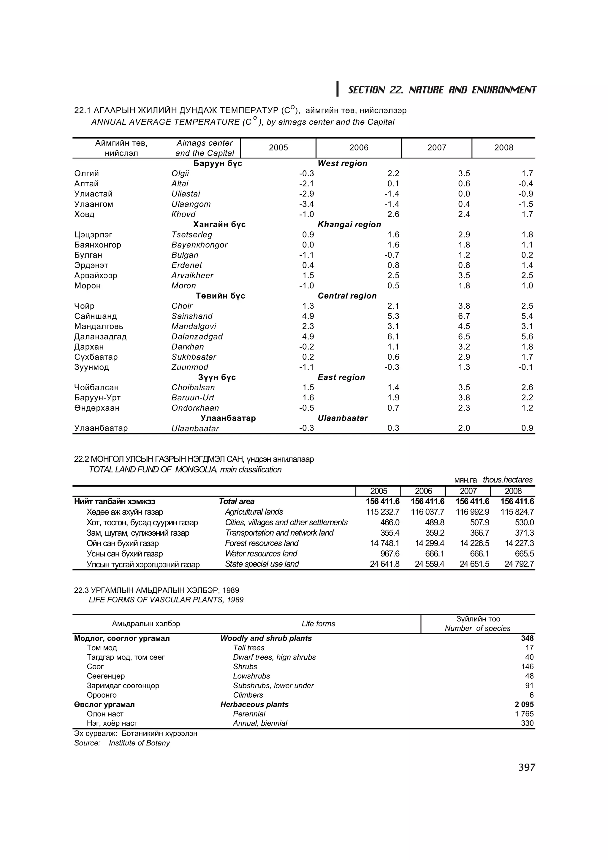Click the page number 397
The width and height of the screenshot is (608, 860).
click(527, 767)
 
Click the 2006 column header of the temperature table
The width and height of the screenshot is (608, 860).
click(359, 147)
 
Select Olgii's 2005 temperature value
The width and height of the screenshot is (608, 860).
click(306, 173)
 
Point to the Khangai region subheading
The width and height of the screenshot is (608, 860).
click(349, 224)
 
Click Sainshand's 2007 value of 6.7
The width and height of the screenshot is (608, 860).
click(464, 316)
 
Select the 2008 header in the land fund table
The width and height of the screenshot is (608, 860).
click(512, 491)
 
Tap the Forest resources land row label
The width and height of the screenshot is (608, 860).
click(262, 543)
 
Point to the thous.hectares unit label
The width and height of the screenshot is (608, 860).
click(507, 480)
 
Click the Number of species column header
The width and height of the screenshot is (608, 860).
click(477, 628)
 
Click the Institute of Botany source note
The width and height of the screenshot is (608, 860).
click(139, 743)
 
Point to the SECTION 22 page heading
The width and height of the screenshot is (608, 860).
click(442, 90)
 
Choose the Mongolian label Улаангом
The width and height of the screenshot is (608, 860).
click(94, 204)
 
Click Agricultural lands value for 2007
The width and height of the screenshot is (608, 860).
click(472, 512)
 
